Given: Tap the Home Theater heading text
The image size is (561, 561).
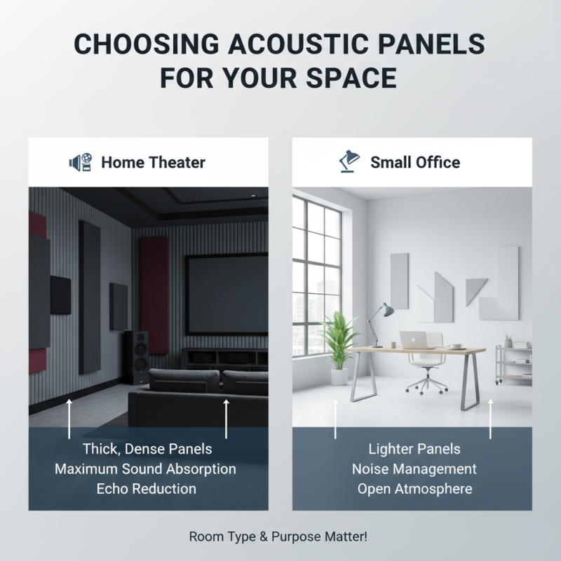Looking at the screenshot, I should (x=153, y=163).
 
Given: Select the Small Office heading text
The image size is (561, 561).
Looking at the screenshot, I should (x=415, y=163).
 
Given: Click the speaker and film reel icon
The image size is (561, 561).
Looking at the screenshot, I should (x=81, y=163).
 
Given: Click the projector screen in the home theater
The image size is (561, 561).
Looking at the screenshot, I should (x=226, y=294).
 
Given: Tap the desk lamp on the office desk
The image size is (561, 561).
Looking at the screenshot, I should (x=383, y=319).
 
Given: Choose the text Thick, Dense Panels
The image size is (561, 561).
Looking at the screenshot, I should (x=147, y=449).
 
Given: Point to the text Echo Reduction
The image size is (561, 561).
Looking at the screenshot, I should (x=147, y=488).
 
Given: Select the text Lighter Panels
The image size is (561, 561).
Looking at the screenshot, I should (x=414, y=449).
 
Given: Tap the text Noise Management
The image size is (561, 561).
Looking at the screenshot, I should (x=414, y=468).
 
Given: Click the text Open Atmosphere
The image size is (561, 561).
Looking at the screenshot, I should (x=414, y=488).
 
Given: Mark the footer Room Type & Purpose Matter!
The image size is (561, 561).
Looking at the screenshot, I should (x=278, y=536).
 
